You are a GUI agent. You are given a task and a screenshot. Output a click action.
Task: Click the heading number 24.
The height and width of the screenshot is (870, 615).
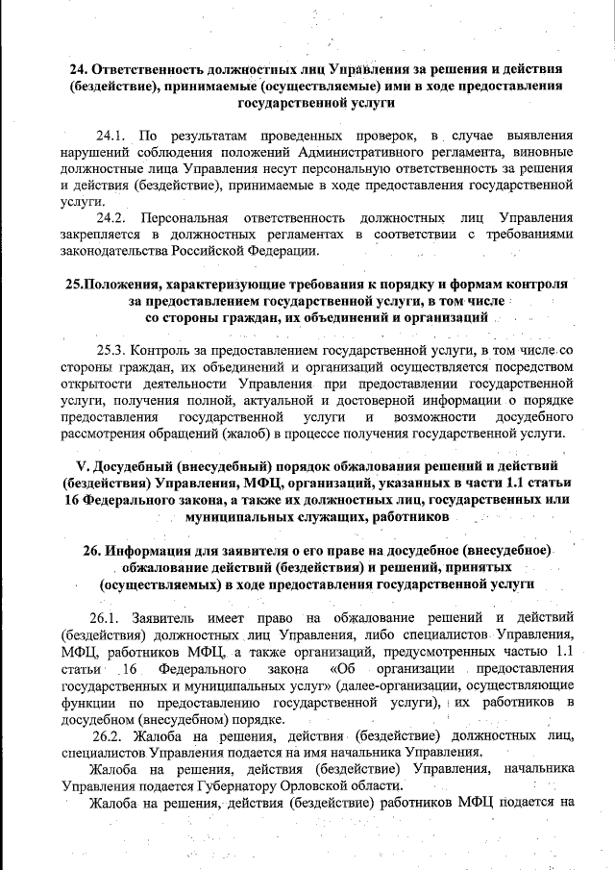(80, 70)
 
